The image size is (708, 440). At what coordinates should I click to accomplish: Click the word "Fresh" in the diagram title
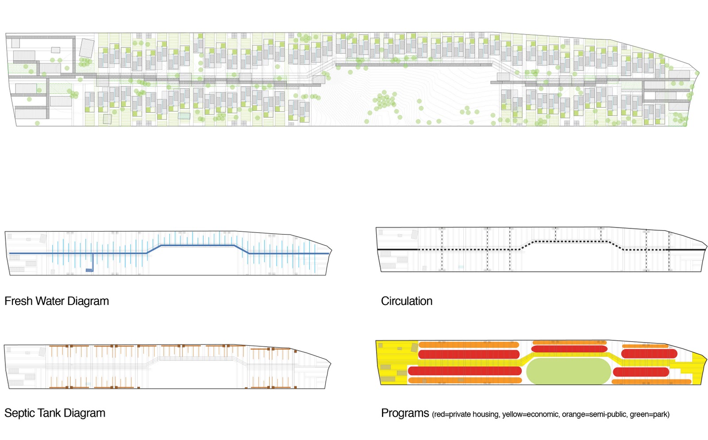click(19, 301)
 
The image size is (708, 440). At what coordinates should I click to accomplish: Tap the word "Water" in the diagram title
click(50, 301)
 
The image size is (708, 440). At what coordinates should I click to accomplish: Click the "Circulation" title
click(406, 301)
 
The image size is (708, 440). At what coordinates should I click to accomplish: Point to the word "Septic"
click(20, 413)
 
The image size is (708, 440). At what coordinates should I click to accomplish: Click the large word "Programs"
click(405, 413)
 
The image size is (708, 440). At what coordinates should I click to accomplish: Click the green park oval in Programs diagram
click(568, 371)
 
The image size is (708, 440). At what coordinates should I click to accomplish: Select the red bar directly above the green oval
click(569, 349)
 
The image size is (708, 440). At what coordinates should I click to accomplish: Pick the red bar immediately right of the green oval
click(641, 372)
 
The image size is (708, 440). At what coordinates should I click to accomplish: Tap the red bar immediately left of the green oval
click(465, 371)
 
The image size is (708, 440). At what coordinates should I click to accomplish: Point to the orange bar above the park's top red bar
click(569, 342)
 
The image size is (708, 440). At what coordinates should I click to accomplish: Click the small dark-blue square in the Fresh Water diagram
click(89, 270)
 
